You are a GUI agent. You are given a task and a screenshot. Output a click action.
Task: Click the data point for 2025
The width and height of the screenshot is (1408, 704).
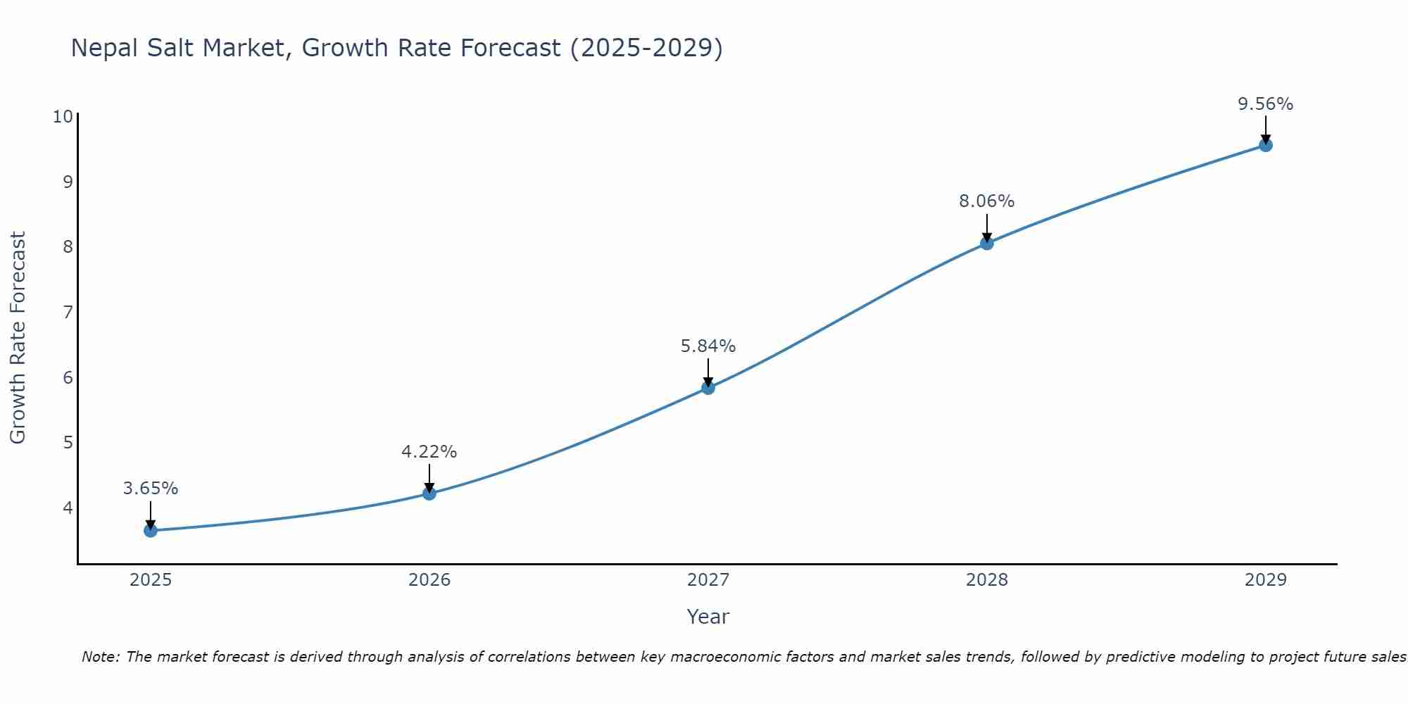click(151, 530)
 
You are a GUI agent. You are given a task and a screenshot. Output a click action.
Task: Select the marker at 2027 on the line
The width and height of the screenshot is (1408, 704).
click(708, 387)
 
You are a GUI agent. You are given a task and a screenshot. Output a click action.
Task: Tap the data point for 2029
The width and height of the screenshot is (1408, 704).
click(1265, 145)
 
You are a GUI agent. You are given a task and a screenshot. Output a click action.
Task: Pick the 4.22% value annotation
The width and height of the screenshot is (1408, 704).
click(429, 452)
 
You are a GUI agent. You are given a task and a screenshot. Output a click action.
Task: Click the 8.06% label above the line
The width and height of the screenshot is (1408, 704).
click(986, 201)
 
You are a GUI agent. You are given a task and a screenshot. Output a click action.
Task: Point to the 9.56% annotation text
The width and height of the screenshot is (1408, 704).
click(1265, 104)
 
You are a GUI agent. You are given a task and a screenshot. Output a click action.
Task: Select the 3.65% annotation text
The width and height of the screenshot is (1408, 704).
click(151, 489)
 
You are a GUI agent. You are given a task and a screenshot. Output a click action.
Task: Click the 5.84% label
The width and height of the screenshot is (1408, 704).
click(708, 346)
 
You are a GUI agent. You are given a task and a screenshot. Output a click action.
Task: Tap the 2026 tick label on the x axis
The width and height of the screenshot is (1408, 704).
click(429, 580)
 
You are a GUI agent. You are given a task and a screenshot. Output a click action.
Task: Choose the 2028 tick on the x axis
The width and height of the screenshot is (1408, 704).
click(986, 580)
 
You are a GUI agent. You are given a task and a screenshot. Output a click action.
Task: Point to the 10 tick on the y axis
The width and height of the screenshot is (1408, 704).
click(63, 117)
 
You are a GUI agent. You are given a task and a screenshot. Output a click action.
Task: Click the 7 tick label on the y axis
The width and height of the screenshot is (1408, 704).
click(68, 312)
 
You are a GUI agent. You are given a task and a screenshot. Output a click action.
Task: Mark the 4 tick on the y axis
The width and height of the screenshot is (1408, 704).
click(68, 508)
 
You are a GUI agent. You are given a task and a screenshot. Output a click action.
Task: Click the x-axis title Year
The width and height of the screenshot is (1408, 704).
click(708, 617)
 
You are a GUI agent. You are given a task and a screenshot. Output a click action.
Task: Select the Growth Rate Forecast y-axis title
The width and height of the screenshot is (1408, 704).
click(18, 338)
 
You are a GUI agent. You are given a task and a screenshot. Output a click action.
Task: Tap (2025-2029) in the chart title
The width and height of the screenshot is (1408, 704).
click(646, 48)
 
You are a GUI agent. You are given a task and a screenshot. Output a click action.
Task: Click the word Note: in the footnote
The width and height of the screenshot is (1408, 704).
click(101, 657)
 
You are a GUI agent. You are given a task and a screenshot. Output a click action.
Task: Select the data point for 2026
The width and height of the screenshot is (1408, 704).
click(429, 493)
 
